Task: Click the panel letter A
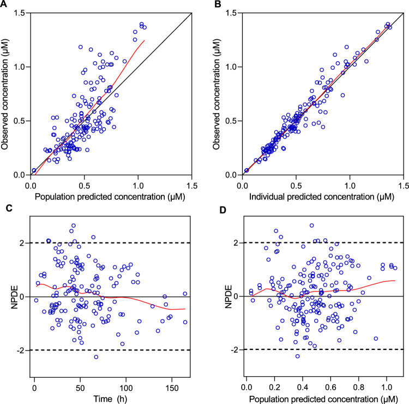4,4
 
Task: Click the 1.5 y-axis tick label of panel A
21,13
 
